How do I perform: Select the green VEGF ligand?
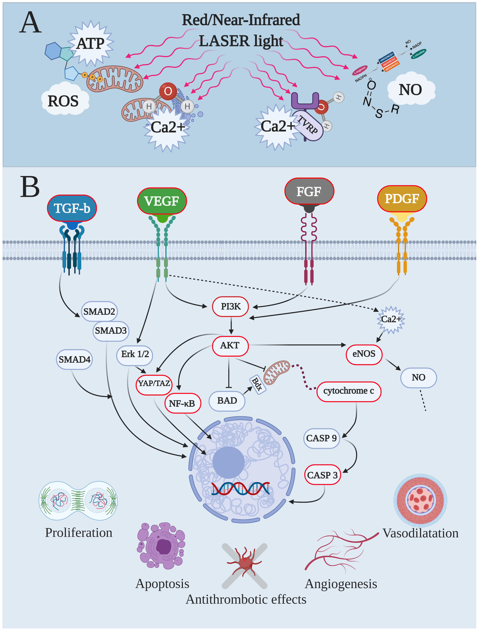point(162,201)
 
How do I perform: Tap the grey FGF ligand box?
point(309,191)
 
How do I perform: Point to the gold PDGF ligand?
point(402,198)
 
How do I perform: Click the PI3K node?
point(230,306)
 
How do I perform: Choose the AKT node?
point(230,345)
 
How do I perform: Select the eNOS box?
point(364,354)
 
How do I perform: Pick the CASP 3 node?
point(322,475)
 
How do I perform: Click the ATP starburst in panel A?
point(90,44)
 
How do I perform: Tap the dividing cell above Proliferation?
point(78,500)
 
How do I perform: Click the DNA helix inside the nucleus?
point(240,488)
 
